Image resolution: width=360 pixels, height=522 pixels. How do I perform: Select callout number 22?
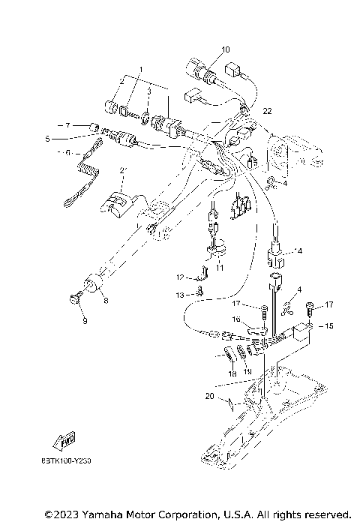[x=266, y=111]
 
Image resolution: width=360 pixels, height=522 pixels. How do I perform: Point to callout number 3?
[x=148, y=91]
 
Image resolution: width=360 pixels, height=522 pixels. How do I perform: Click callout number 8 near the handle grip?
[x=105, y=301]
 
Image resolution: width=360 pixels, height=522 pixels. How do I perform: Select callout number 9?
[x=85, y=321]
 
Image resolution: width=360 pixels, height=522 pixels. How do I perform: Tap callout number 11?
[x=219, y=267]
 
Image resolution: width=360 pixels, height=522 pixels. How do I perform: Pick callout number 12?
[x=179, y=277]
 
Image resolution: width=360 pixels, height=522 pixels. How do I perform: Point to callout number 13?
[x=179, y=295]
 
